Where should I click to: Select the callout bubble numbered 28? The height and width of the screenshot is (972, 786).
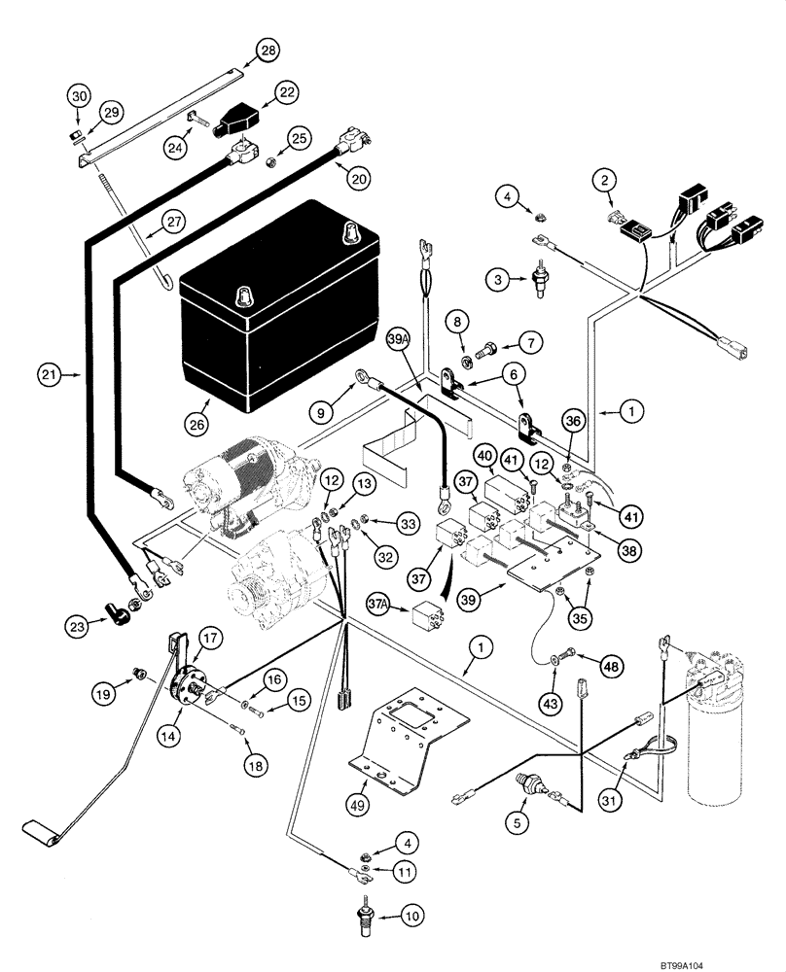(x=267, y=50)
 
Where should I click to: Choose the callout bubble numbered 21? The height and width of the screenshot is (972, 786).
(x=52, y=371)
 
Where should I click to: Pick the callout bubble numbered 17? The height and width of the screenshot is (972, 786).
(x=211, y=638)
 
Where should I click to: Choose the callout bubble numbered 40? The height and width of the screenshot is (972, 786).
(x=485, y=455)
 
